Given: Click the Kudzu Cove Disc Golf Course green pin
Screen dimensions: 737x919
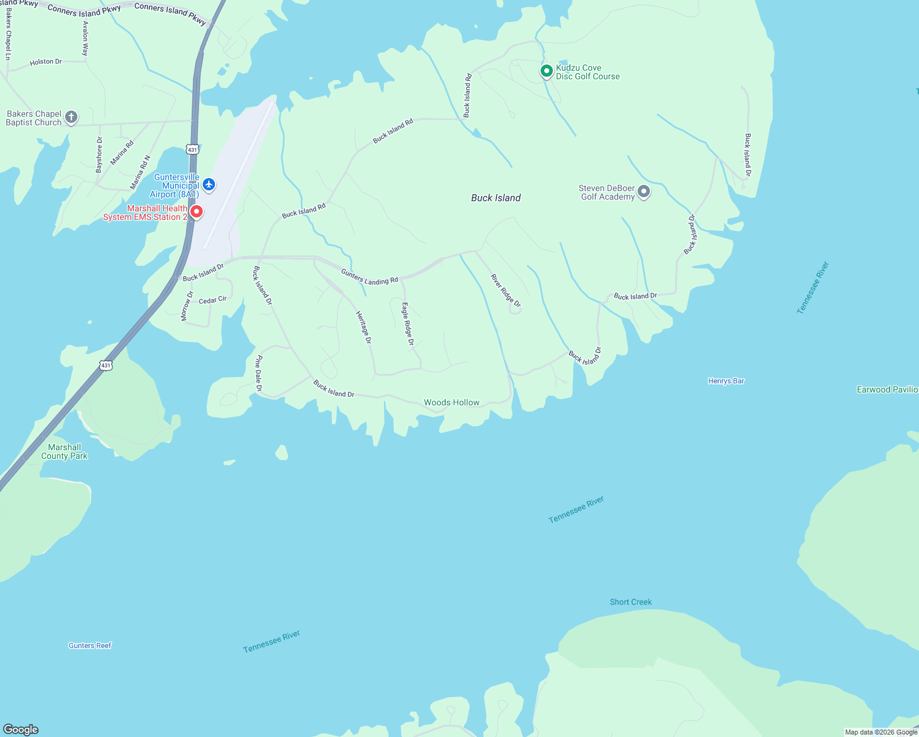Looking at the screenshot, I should click(x=546, y=71).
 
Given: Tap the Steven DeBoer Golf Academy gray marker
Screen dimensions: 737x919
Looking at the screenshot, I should click(x=643, y=192).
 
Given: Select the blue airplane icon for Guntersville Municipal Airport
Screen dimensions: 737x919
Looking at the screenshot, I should click(x=209, y=184).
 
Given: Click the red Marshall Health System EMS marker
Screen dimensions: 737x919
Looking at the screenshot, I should click(x=196, y=212).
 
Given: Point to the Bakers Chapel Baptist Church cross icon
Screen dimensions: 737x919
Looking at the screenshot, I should click(x=71, y=117).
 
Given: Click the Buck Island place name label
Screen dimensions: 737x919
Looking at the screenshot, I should click(x=496, y=198).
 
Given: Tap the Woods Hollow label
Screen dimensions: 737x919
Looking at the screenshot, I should click(x=452, y=402).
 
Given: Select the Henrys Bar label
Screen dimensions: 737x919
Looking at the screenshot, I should click(x=725, y=381).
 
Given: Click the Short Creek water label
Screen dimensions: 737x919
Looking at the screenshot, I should click(x=630, y=602).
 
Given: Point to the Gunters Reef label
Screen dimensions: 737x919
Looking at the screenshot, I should click(x=90, y=645).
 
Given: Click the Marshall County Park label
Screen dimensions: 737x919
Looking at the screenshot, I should click(x=65, y=451).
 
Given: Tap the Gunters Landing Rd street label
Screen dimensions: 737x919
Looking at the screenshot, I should click(x=370, y=277).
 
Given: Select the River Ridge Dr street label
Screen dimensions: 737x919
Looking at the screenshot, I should click(x=506, y=291).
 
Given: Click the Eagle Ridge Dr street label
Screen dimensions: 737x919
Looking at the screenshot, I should click(x=408, y=324).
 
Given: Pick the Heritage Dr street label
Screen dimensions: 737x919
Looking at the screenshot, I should click(x=364, y=327).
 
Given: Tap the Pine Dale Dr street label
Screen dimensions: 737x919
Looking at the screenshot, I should click(x=259, y=373).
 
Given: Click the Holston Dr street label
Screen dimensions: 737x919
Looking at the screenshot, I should click(x=46, y=62).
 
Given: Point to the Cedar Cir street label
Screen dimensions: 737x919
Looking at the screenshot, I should click(x=213, y=300).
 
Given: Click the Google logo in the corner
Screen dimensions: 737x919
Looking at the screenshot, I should click(x=20, y=729).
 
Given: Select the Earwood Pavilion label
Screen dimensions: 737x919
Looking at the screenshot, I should click(x=887, y=389).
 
